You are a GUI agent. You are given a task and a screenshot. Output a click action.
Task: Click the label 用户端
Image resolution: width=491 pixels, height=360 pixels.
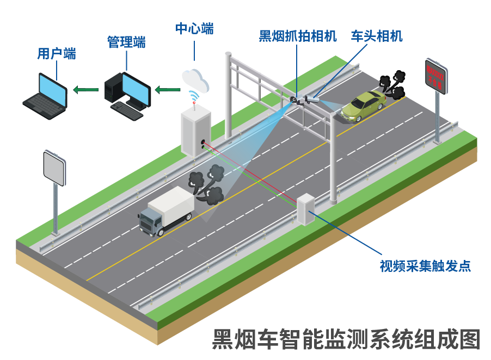(56, 53)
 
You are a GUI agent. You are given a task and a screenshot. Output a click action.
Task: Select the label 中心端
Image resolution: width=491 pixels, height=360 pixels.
(194, 29)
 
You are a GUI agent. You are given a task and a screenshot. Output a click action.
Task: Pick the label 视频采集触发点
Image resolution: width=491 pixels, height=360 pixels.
(425, 266)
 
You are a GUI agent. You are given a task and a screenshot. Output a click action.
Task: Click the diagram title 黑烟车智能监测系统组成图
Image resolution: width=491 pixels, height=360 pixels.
(346, 339)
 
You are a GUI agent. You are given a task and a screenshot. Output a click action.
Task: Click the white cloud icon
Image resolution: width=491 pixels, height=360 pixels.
(195, 80)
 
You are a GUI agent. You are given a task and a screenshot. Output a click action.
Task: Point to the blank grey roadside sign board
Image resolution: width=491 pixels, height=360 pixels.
(54, 167)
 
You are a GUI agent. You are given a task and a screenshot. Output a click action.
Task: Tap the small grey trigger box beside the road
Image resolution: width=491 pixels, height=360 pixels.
(306, 209)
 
